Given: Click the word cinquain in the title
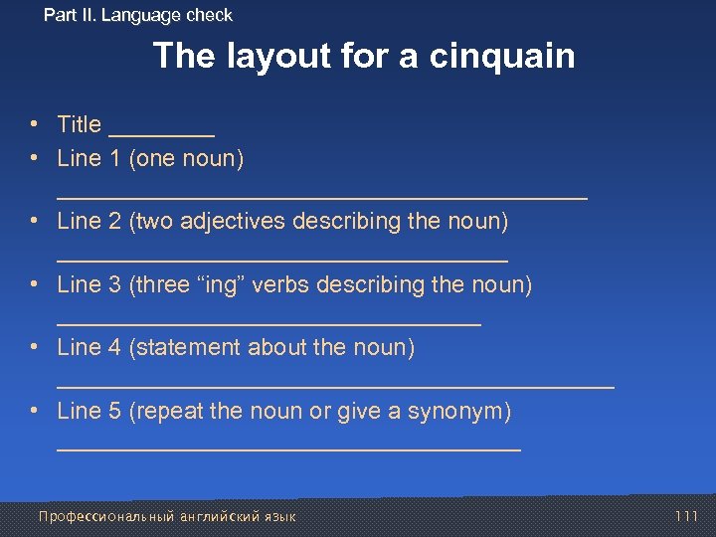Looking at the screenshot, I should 502,56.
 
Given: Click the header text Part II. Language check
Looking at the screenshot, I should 138,15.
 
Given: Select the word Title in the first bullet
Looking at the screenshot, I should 80,124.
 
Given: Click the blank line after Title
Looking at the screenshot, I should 161,133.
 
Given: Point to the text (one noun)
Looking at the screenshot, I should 187,158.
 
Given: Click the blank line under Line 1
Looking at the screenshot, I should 322,197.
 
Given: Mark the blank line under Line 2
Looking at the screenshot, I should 282,261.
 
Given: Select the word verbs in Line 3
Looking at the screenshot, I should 279,284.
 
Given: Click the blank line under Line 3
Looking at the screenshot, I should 268,324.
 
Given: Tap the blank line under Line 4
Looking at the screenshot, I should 336,386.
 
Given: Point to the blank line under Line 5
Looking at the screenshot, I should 288,449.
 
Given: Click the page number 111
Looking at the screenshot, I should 686,516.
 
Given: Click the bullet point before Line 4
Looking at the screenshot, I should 34,347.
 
